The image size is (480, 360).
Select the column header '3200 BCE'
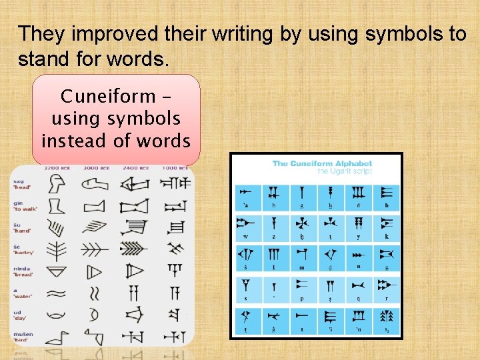tap(58, 169)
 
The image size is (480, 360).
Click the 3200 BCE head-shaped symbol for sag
tap(57, 185)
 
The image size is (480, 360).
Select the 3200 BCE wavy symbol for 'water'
tap(57, 293)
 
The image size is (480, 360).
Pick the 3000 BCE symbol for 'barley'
tap(95, 249)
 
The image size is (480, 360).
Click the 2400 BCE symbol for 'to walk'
tap(135, 205)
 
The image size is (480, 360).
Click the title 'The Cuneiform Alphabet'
tap(322, 163)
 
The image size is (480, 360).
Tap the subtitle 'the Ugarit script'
tap(344, 171)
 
